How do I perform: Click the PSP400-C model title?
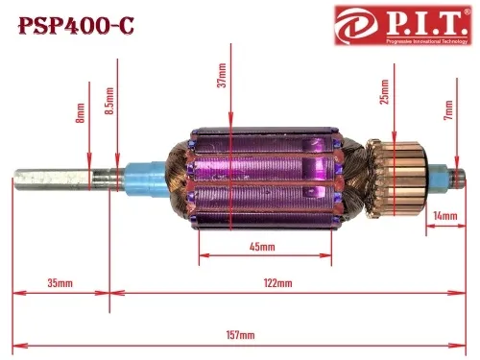(77, 26)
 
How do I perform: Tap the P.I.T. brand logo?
(403, 25)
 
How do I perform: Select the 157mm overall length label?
(241, 335)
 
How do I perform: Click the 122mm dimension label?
(277, 283)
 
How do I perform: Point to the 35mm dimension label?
(60, 283)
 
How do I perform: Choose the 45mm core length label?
(262, 247)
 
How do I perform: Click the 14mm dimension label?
(445, 216)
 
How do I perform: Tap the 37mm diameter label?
(222, 75)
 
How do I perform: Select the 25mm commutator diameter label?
(384, 92)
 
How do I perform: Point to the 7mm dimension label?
(448, 110)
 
